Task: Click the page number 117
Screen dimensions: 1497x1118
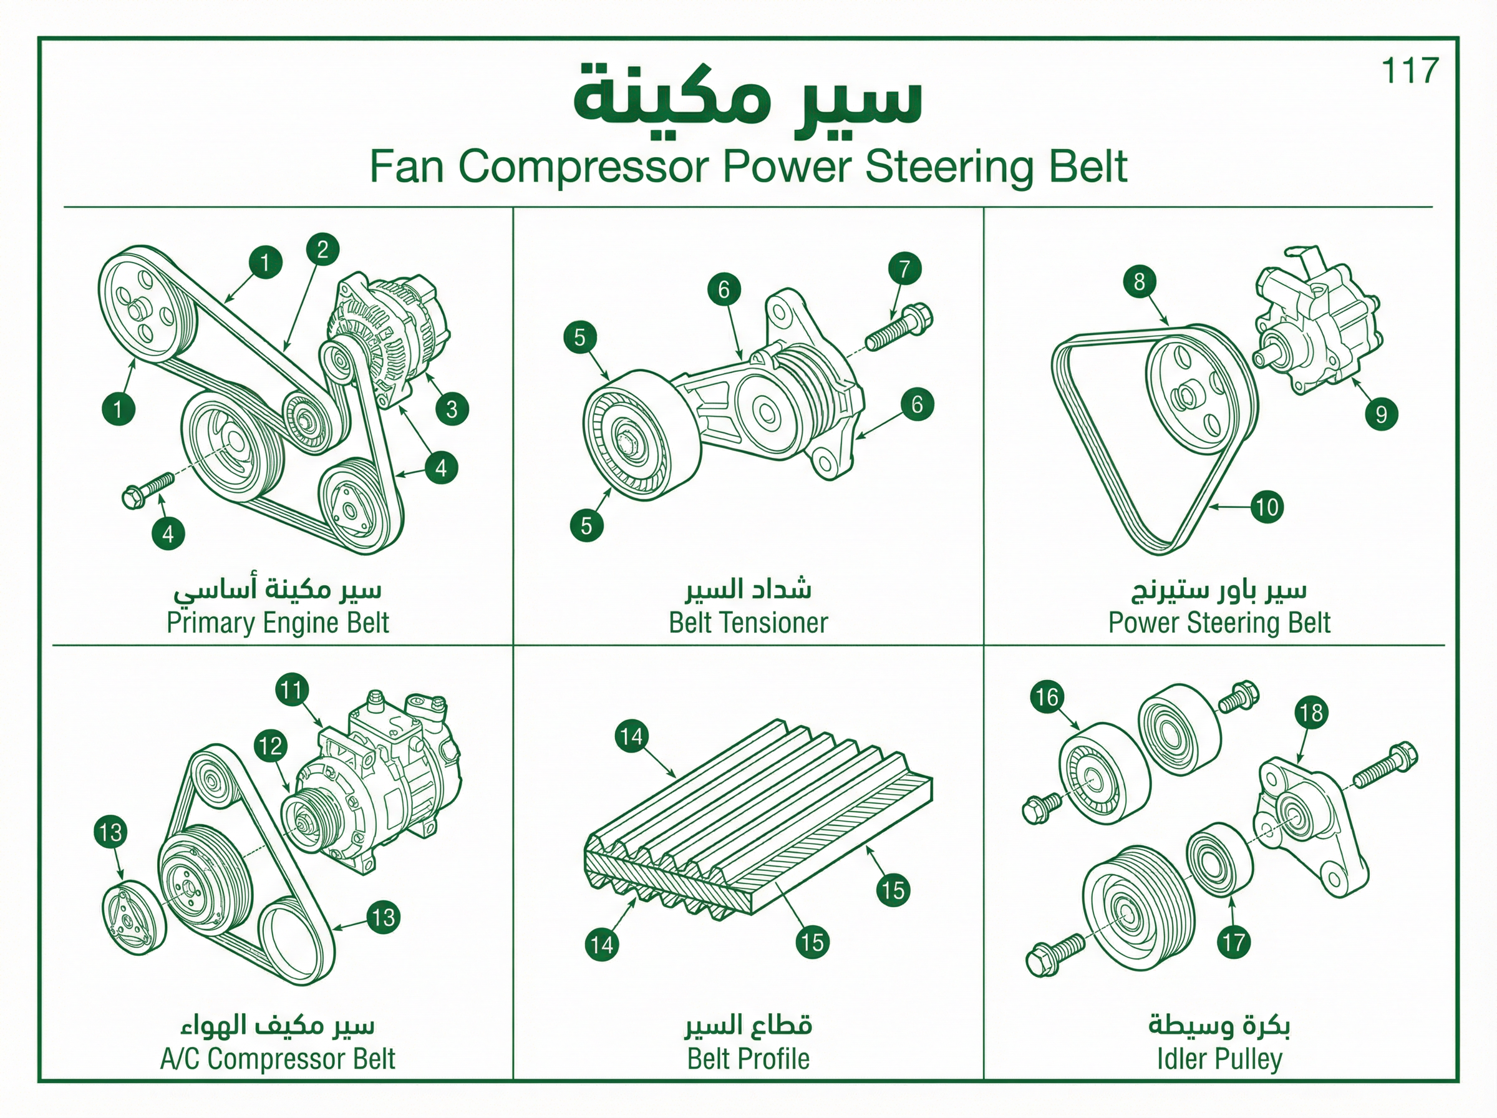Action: [x=1410, y=71]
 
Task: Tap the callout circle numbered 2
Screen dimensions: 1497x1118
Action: [x=322, y=249]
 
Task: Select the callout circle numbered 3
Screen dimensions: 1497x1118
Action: [x=452, y=409]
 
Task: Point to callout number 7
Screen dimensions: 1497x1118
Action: [x=905, y=269]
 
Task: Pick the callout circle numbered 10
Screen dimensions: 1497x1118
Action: [x=1266, y=507]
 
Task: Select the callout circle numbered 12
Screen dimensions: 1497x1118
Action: [x=271, y=746]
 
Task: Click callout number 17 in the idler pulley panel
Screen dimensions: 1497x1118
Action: [x=1233, y=942]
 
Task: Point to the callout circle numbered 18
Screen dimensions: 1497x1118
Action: [x=1311, y=712]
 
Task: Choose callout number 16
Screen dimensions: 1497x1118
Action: [x=1047, y=697]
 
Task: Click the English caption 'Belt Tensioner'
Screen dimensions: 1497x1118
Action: [x=748, y=623]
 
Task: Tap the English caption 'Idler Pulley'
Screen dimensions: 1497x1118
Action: [x=1219, y=1059]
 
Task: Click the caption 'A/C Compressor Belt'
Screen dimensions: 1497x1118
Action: [x=278, y=1059]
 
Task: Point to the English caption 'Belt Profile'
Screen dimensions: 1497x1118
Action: [x=748, y=1059]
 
